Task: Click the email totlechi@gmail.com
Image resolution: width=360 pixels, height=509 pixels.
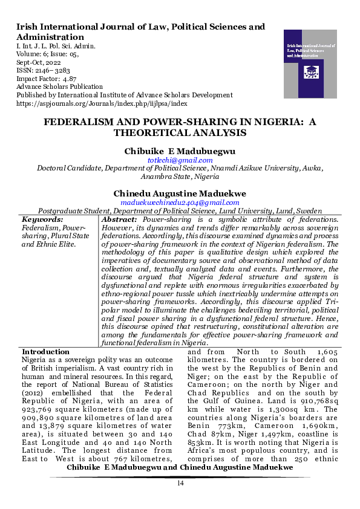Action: [x=180, y=160]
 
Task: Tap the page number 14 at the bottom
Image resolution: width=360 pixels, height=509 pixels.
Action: [x=180, y=483]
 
